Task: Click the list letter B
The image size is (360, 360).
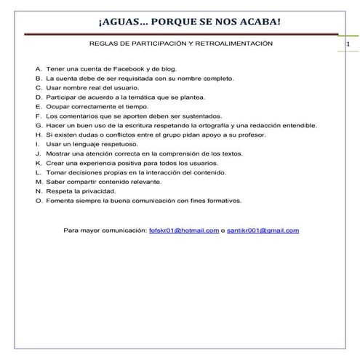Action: tap(38, 77)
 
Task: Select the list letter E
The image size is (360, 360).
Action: tap(38, 106)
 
